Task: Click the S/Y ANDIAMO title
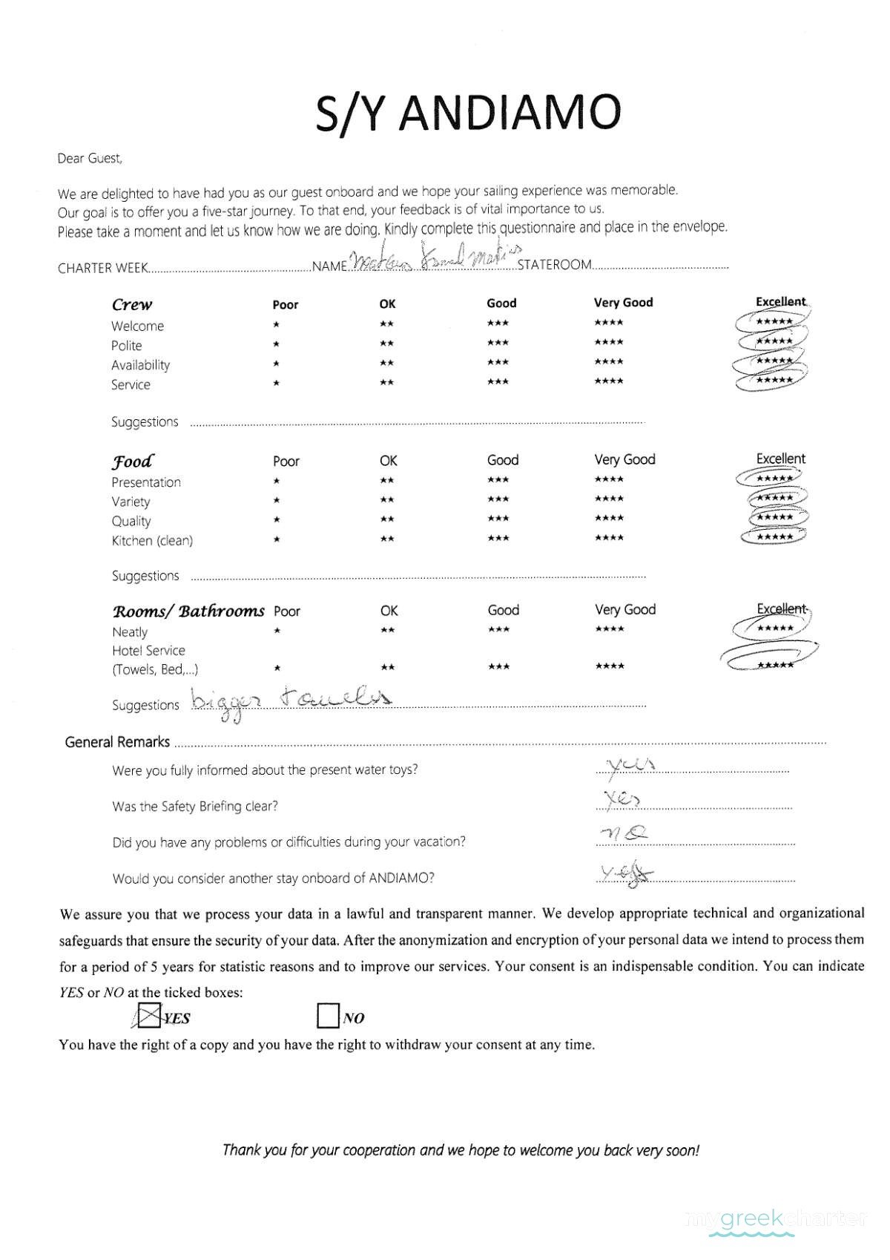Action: coord(467,113)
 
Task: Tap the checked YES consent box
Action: coord(150,1016)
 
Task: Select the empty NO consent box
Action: coord(328,1016)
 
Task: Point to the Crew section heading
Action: coord(132,304)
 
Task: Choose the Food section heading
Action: coord(133,462)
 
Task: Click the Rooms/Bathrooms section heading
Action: coord(188,611)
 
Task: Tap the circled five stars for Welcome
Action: coord(774,321)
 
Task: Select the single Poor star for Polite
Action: coord(276,344)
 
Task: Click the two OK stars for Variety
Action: coord(386,499)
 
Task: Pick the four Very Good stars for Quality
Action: coord(609,518)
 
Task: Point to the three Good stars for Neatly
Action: coord(498,629)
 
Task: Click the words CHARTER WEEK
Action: coord(102,268)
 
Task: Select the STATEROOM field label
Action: coord(555,265)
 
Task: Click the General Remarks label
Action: coord(117,742)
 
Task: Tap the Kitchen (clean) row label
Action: coord(152,541)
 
